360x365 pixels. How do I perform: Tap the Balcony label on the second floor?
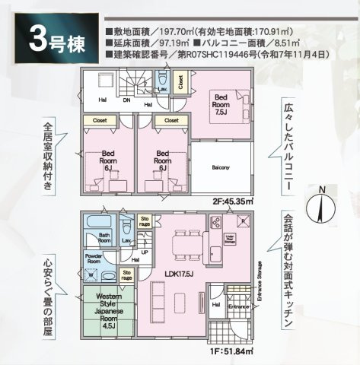point(221,167)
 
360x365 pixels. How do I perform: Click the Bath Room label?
point(104,237)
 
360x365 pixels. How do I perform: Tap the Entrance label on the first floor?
point(238,306)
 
